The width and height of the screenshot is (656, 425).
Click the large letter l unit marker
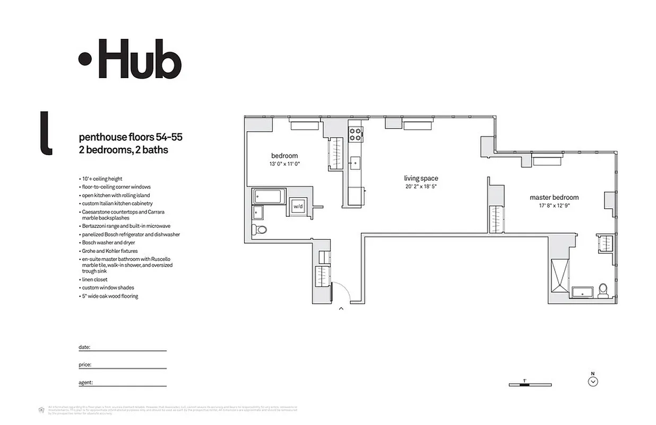(x=46, y=133)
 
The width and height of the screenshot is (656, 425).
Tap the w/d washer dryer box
(x=298, y=206)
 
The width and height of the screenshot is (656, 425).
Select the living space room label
(x=421, y=178)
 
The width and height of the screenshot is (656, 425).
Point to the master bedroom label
(x=554, y=198)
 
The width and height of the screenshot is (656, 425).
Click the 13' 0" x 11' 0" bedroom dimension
(x=284, y=164)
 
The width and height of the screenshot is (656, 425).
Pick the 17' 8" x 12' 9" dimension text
(x=554, y=206)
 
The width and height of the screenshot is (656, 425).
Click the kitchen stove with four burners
(x=356, y=134)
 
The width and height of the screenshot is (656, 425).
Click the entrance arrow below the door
(x=341, y=308)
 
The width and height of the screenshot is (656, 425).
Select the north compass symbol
(x=593, y=380)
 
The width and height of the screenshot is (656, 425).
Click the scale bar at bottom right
(x=530, y=384)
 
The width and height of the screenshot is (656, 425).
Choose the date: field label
(x=84, y=347)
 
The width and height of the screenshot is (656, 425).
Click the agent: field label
(x=86, y=382)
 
